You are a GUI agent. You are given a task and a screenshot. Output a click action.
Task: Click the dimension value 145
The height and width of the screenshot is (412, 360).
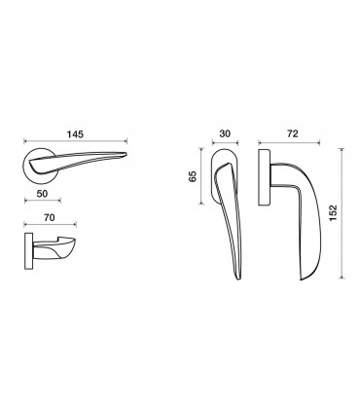pyautogui.click(x=75, y=134)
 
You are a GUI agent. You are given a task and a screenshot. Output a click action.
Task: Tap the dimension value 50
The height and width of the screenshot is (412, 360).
pyautogui.click(x=42, y=194)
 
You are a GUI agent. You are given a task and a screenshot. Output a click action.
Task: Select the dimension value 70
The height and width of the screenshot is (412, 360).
pyautogui.click(x=49, y=217)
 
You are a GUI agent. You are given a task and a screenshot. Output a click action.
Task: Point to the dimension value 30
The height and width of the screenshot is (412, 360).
pyautogui.click(x=225, y=133)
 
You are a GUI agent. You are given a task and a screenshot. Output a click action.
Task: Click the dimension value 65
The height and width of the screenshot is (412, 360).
pyautogui.click(x=193, y=176)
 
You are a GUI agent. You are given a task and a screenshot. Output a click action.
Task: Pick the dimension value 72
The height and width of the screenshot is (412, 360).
pyautogui.click(x=292, y=133)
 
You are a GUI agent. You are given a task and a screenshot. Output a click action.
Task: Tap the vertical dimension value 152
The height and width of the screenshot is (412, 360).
pyautogui.click(x=333, y=213)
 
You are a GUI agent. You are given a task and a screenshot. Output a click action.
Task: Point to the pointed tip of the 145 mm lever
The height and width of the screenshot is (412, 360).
pyautogui.click(x=126, y=154)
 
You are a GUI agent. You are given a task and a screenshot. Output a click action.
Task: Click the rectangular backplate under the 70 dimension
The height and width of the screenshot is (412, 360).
pyautogui.click(x=28, y=251)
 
